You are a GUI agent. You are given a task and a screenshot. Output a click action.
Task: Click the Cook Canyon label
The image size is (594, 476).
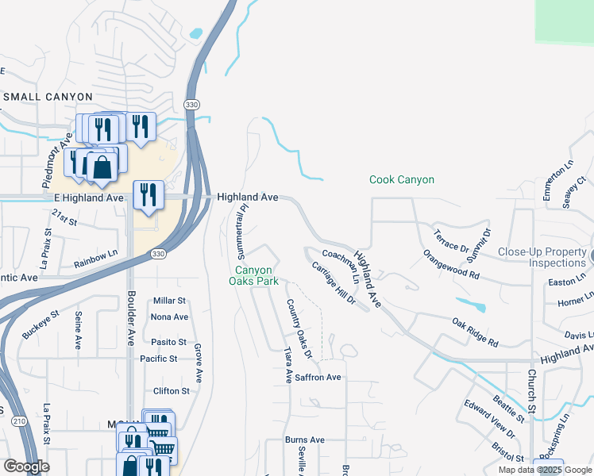(x=402, y=180)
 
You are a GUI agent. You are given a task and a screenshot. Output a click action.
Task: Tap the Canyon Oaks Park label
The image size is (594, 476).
(x=253, y=275)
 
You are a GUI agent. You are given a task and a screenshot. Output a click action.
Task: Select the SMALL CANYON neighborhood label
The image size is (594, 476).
(x=48, y=97)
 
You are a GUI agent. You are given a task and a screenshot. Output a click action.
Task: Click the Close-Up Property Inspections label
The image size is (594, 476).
(x=541, y=258)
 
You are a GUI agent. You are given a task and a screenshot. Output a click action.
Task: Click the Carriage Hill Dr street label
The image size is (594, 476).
(x=334, y=284)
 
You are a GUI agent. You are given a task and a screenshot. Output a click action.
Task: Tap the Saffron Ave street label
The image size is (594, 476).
(x=319, y=378)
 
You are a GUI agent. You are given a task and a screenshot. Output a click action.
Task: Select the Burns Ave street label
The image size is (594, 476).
(x=305, y=440)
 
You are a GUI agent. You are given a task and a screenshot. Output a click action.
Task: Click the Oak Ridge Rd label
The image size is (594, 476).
(x=475, y=332)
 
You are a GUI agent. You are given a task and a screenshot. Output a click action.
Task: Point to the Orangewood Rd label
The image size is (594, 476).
(x=451, y=264)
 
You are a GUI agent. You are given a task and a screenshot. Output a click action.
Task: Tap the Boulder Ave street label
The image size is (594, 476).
(x=131, y=317)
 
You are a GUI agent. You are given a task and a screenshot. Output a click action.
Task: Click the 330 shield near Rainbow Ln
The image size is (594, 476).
(x=156, y=254)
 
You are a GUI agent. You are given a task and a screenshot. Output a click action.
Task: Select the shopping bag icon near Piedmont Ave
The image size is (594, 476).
(x=102, y=167)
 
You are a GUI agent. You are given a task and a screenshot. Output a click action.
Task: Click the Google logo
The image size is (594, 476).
(x=26, y=466)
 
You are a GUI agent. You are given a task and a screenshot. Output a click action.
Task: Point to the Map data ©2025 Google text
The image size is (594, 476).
(x=545, y=470)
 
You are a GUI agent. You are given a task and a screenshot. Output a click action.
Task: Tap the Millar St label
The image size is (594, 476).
(x=169, y=301)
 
